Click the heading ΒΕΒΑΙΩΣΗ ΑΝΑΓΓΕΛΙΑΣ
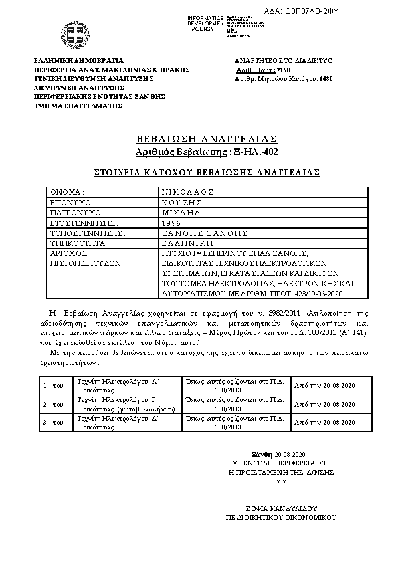206,139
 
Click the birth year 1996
171,223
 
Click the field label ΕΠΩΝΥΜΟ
74,202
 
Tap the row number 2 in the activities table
43,405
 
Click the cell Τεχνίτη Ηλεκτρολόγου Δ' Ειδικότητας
117,423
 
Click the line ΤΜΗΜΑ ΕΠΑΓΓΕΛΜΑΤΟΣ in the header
78,105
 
